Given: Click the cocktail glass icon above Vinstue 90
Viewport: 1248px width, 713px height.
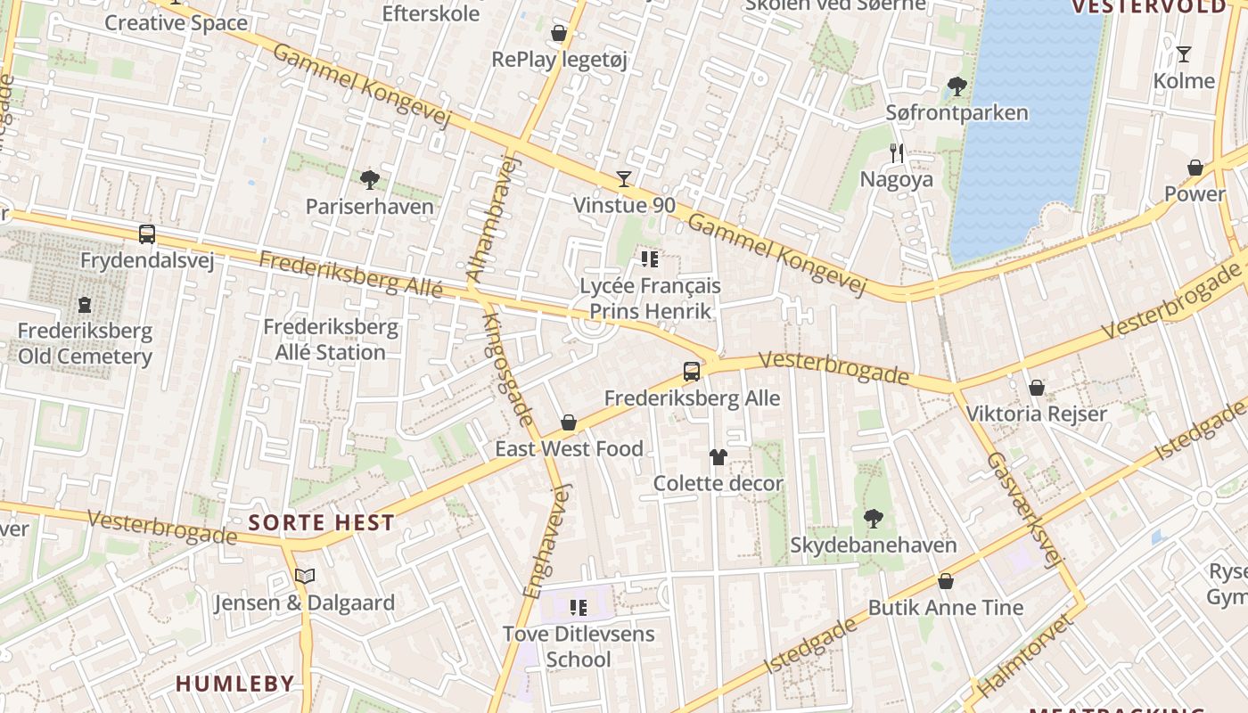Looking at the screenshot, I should (x=624, y=179).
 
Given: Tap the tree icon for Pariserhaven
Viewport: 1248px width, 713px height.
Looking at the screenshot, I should (x=369, y=180).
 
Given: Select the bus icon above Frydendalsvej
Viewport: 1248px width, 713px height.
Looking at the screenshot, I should (x=147, y=234).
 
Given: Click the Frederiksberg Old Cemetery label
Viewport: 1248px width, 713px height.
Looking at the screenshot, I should (x=85, y=344).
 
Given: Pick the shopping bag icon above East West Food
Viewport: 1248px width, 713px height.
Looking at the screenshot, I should (x=569, y=422).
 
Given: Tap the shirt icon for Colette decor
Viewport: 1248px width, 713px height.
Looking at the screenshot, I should (x=718, y=457).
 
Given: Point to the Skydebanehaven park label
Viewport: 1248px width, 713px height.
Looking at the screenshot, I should (x=873, y=545).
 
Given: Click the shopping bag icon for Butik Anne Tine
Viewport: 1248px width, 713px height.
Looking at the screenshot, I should (x=946, y=581).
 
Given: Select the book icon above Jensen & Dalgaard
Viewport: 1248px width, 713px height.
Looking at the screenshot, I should (x=305, y=576).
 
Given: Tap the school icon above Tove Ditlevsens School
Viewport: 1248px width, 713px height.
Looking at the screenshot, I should (x=579, y=608).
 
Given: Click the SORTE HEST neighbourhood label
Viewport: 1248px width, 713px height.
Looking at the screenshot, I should (x=322, y=523).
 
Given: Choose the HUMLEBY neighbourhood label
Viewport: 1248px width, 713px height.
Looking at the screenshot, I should (x=234, y=684).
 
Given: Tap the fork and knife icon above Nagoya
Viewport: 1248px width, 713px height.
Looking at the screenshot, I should (x=897, y=153).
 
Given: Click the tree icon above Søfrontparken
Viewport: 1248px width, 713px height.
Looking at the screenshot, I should (x=957, y=86).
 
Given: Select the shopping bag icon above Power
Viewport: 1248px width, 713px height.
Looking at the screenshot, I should (x=1195, y=168).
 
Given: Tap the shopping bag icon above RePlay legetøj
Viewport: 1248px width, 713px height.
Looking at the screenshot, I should (x=559, y=34).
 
